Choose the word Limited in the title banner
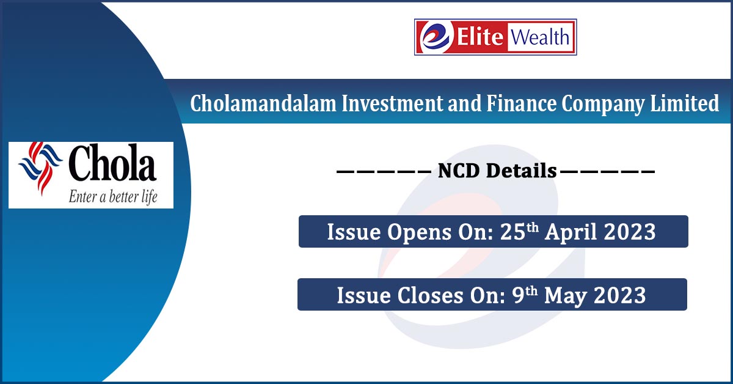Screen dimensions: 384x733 [689, 104]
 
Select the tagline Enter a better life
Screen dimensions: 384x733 [112, 197]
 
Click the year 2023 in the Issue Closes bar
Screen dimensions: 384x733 [619, 295]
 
